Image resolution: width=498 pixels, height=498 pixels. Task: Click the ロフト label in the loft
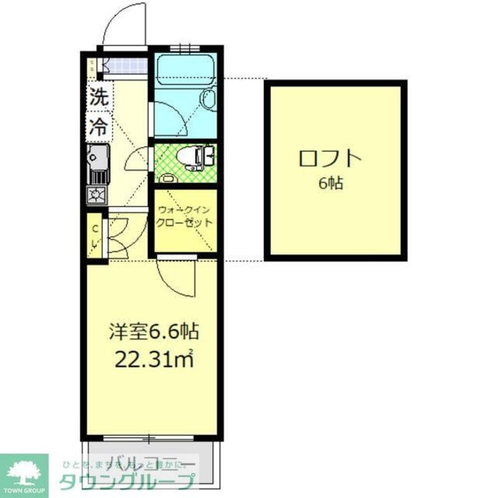click(330, 159)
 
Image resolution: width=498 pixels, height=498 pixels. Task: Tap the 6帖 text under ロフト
click(331, 184)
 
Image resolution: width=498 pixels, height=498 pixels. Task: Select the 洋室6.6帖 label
click(154, 331)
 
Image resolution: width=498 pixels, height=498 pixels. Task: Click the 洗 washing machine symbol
click(99, 97)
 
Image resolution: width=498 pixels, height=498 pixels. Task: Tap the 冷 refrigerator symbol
click(99, 127)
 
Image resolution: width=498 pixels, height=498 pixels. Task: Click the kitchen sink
click(97, 157)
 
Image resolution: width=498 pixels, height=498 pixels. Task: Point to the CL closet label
click(95, 236)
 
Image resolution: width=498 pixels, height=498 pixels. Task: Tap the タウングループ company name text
click(127, 483)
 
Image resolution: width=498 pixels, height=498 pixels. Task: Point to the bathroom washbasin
click(209, 99)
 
